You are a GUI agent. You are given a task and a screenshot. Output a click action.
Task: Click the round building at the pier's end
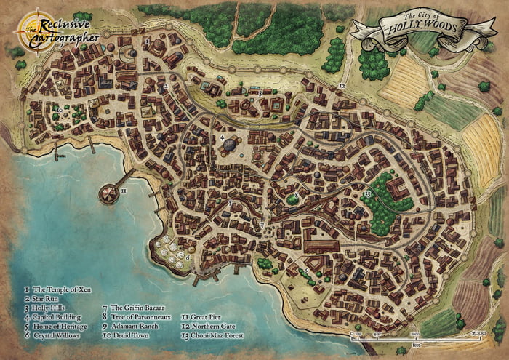(x=108, y=193)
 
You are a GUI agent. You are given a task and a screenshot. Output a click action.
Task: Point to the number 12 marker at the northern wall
(x=341, y=86)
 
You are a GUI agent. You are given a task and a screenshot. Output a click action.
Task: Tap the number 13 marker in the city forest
(x=368, y=194)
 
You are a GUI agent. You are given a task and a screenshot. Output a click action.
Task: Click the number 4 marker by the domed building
(x=221, y=137)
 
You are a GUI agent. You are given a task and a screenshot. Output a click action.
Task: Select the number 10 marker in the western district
(x=58, y=110)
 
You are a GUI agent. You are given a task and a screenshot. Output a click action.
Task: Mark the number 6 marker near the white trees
(x=188, y=257)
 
